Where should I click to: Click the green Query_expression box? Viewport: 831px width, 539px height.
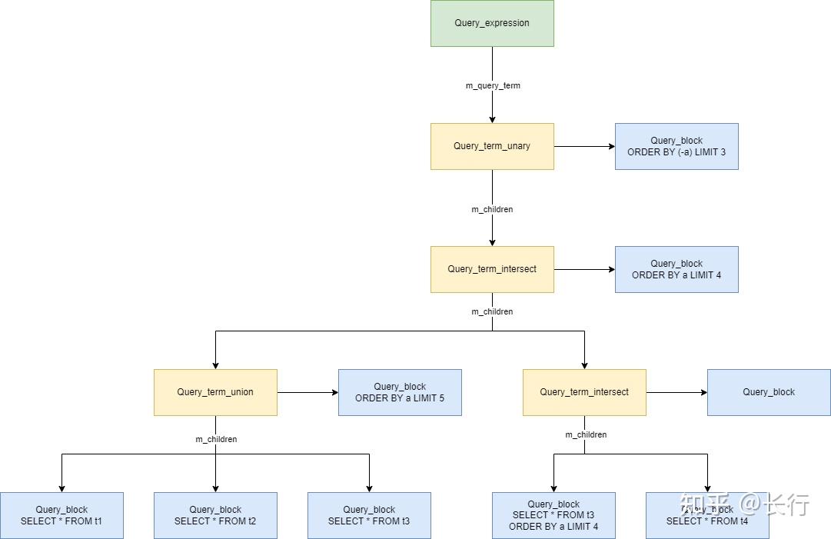492,23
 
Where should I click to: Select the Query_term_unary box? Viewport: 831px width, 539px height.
492,146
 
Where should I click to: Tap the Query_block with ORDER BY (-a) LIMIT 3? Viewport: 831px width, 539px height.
676,146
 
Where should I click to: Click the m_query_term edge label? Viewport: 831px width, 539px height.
493,85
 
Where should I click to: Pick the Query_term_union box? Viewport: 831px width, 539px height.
215,392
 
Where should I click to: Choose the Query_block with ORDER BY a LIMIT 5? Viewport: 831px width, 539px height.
400,392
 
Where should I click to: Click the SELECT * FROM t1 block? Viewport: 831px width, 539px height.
61,515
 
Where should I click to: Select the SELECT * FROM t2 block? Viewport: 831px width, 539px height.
215,515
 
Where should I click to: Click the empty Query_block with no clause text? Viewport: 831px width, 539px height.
769,392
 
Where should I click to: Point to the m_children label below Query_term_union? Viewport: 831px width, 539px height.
216,439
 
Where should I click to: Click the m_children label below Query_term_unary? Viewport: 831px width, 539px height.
492,209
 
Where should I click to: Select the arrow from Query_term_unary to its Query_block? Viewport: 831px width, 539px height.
584,146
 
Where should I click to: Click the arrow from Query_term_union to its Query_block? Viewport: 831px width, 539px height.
307,392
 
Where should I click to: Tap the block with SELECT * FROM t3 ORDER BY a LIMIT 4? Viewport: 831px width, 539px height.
553,515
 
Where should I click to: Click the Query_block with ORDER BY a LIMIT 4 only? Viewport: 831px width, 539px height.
676,269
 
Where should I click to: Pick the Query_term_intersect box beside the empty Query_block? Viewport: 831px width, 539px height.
584,392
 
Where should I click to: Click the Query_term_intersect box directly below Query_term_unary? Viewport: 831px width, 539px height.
492,269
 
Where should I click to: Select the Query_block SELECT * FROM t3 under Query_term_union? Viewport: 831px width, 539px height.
369,515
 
